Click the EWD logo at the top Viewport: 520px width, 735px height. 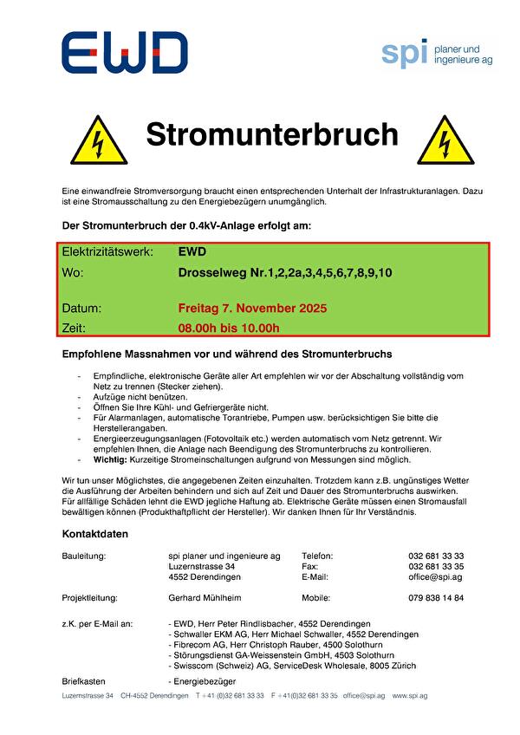[123, 53]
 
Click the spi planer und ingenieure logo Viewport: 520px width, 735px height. [437, 53]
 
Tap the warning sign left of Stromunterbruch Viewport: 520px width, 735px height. [98, 139]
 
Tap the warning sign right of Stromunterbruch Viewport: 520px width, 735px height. [445, 139]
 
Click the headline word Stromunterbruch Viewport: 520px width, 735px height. [271, 135]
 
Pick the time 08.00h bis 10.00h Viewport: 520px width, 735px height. [229, 328]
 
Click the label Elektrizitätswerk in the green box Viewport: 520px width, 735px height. [107, 252]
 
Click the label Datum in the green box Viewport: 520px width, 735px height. [81, 308]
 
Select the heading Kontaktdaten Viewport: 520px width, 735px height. [94, 534]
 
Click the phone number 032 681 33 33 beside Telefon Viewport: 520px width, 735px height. [435, 556]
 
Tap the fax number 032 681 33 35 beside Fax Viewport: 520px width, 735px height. [435, 566]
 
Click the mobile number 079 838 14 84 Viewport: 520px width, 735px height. [435, 598]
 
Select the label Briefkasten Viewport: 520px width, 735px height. [84, 682]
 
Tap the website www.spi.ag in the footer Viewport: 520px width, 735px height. [410, 696]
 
